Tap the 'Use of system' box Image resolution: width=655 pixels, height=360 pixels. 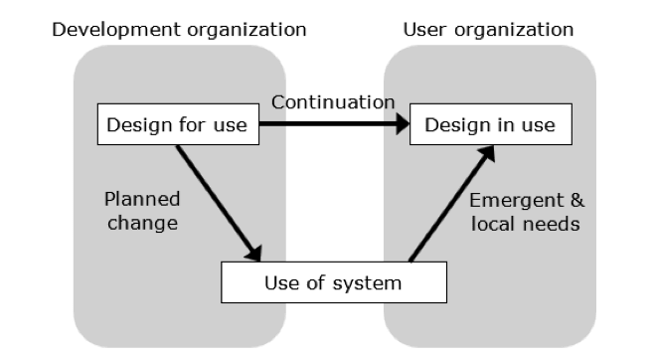tap(333, 283)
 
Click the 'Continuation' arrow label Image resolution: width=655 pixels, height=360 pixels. tap(332, 101)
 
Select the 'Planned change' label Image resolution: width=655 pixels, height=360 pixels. tap(140, 210)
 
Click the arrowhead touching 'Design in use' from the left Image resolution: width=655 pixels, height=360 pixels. tap(402, 125)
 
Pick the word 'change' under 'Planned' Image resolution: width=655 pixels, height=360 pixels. tap(140, 222)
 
